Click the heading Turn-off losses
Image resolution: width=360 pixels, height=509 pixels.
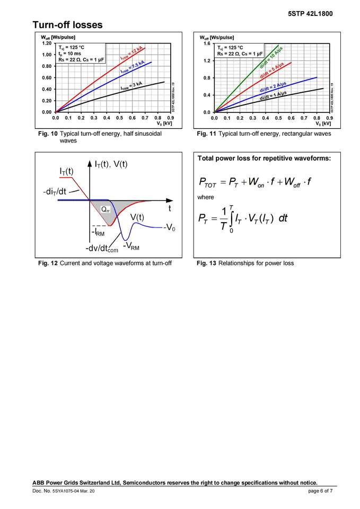click(x=67, y=25)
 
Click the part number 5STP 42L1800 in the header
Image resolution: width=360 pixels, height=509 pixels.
click(x=310, y=14)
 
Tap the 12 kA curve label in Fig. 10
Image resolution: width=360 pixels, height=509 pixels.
click(x=132, y=54)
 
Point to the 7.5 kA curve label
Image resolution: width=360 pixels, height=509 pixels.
click(x=133, y=67)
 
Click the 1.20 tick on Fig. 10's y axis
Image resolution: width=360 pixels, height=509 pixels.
click(x=46, y=43)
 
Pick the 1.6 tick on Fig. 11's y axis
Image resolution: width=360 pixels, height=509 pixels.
click(x=207, y=43)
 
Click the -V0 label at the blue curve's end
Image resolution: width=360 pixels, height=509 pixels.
click(x=170, y=228)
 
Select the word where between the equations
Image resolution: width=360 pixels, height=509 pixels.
click(x=206, y=197)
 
